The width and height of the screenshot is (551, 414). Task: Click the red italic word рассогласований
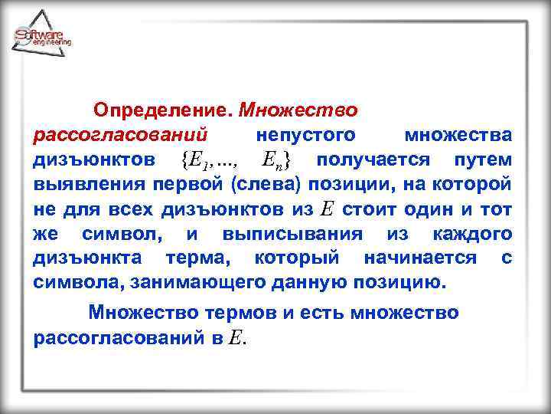click(122, 136)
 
